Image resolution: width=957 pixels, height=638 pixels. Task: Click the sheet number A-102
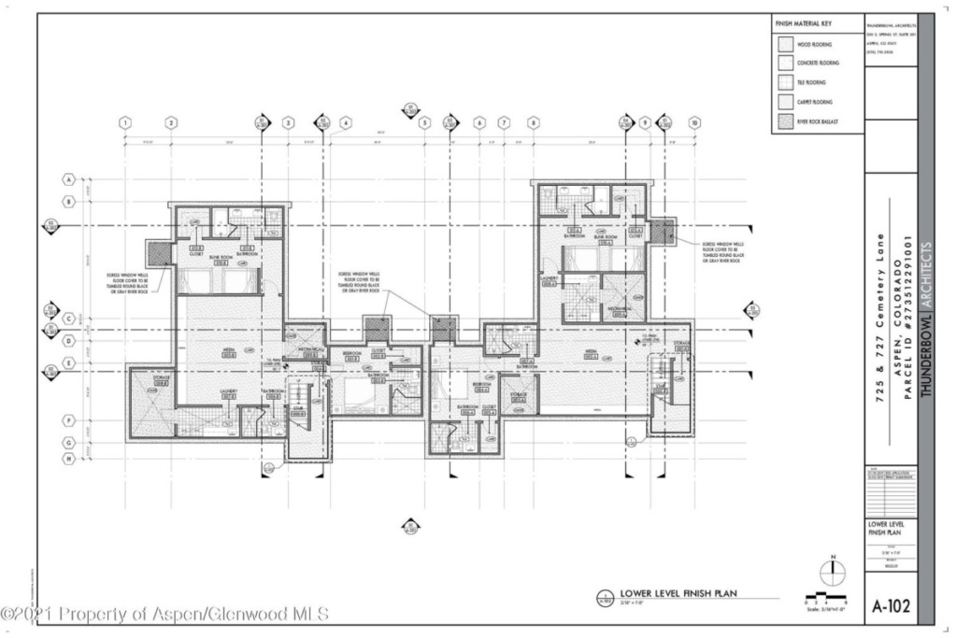click(892, 605)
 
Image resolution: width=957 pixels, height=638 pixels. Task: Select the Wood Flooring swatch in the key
click(783, 44)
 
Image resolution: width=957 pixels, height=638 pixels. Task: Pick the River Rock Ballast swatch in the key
click(783, 121)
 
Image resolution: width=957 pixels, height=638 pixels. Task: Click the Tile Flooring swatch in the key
click(783, 82)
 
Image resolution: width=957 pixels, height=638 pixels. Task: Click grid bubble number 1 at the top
click(125, 122)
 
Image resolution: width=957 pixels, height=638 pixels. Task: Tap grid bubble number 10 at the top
click(694, 122)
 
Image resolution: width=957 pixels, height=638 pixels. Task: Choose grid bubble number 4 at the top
click(345, 122)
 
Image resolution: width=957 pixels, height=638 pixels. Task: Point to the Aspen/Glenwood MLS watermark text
click(165, 614)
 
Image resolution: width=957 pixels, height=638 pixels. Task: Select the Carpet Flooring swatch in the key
click(783, 102)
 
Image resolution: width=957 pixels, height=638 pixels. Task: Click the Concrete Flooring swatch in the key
click(783, 63)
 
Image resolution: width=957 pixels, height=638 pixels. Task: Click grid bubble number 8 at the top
click(534, 122)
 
